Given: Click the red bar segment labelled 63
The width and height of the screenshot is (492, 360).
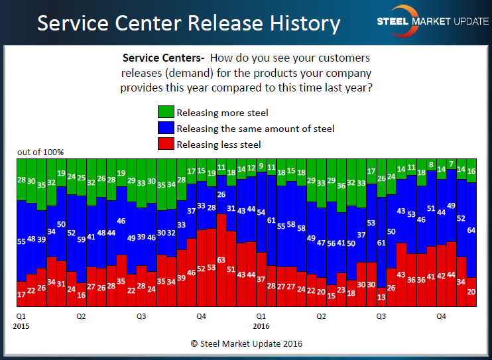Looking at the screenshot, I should pyautogui.click(x=221, y=265).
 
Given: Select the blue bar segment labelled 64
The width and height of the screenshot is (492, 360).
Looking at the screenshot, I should pyautogui.click(x=471, y=230).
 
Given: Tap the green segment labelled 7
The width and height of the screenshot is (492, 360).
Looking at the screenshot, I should pyautogui.click(x=452, y=164).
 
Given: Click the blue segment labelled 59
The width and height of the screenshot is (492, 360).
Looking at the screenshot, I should pyautogui.click(x=82, y=240).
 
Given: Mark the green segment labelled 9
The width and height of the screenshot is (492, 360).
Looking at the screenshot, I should pyautogui.click(x=261, y=166).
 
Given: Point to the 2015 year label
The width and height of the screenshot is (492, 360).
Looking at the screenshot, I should pyautogui.click(x=21, y=326).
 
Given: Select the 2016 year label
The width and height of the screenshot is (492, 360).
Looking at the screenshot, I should pyautogui.click(x=261, y=326).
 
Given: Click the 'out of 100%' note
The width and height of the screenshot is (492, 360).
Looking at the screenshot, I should pyautogui.click(x=40, y=152).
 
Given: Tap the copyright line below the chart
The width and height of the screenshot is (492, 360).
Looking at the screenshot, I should pyautogui.click(x=245, y=343).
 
